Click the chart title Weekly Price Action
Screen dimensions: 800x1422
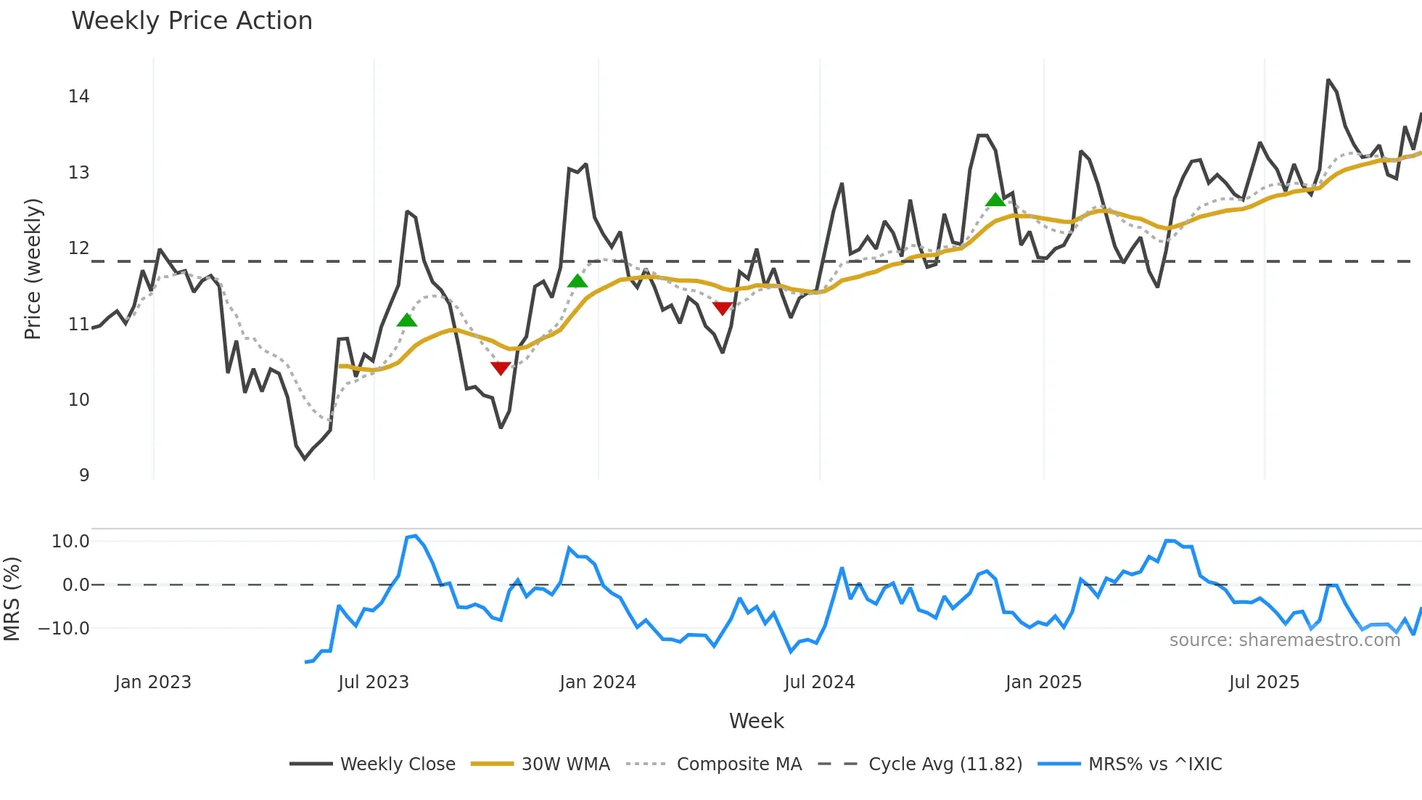click(192, 21)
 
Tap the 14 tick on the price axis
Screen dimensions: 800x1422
click(78, 97)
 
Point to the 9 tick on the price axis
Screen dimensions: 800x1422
click(84, 475)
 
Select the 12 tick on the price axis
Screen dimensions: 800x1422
click(78, 248)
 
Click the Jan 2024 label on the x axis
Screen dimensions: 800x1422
click(597, 682)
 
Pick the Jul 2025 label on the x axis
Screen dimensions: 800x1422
click(1264, 682)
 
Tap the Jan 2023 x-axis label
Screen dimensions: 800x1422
click(153, 682)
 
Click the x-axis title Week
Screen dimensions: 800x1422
click(756, 721)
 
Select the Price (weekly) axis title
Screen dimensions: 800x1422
click(33, 269)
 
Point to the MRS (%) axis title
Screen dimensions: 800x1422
click(12, 599)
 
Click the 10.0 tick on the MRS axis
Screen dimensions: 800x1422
click(70, 542)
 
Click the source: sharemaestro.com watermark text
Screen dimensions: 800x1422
click(1284, 640)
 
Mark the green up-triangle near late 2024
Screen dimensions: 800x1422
click(995, 200)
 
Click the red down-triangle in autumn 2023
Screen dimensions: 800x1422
click(501, 368)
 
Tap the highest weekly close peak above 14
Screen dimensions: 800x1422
click(1328, 80)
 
